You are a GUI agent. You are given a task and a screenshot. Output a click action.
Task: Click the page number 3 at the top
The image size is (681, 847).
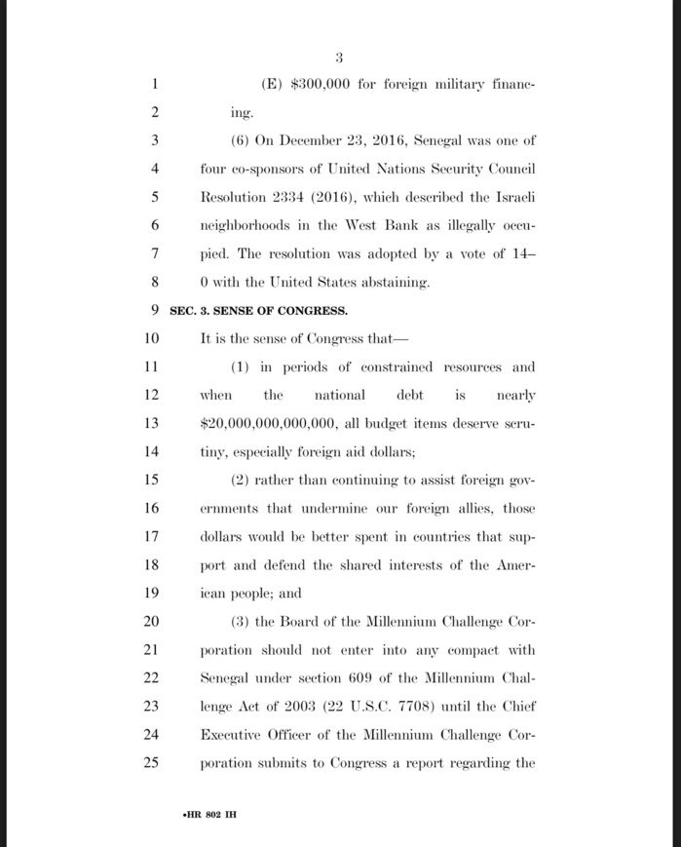coord(340,57)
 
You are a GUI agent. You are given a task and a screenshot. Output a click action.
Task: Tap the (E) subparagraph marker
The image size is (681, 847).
coord(273,85)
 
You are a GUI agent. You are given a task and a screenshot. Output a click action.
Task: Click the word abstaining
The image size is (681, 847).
coord(390,283)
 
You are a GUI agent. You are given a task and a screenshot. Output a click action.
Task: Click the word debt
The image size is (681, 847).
coord(410,396)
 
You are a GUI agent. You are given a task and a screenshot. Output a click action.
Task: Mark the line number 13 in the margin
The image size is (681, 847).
coord(150,424)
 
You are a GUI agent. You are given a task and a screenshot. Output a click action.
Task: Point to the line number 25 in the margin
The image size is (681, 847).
coord(150,763)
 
